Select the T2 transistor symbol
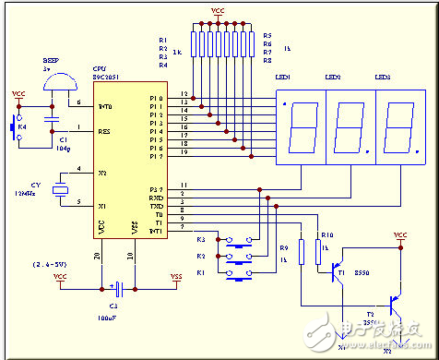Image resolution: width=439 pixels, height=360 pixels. pyautogui.click(x=394, y=302)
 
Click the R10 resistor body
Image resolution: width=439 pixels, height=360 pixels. pyautogui.click(x=317, y=249)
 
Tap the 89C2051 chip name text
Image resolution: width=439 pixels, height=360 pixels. pyautogui.click(x=107, y=78)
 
